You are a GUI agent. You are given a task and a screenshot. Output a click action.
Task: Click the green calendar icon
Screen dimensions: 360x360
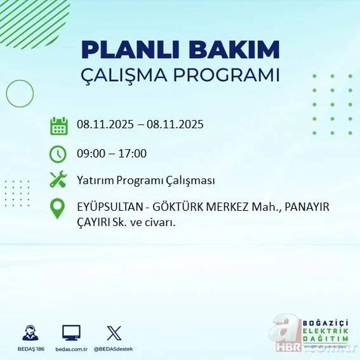coord(58,125)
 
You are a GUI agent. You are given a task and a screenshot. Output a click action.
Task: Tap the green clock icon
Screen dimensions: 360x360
coord(58,153)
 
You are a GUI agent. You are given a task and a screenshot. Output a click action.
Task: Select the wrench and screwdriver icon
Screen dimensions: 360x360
coord(58,180)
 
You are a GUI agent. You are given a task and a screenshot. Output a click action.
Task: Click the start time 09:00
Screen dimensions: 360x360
coord(91,153)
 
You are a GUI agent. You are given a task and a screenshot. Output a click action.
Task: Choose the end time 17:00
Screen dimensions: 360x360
coord(133,153)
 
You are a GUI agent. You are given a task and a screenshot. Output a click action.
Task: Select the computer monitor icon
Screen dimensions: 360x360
coord(71,333)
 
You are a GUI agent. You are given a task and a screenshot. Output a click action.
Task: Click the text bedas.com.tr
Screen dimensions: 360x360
coord(71,349)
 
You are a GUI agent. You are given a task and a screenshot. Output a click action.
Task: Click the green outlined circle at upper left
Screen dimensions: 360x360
coord(19,94)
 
